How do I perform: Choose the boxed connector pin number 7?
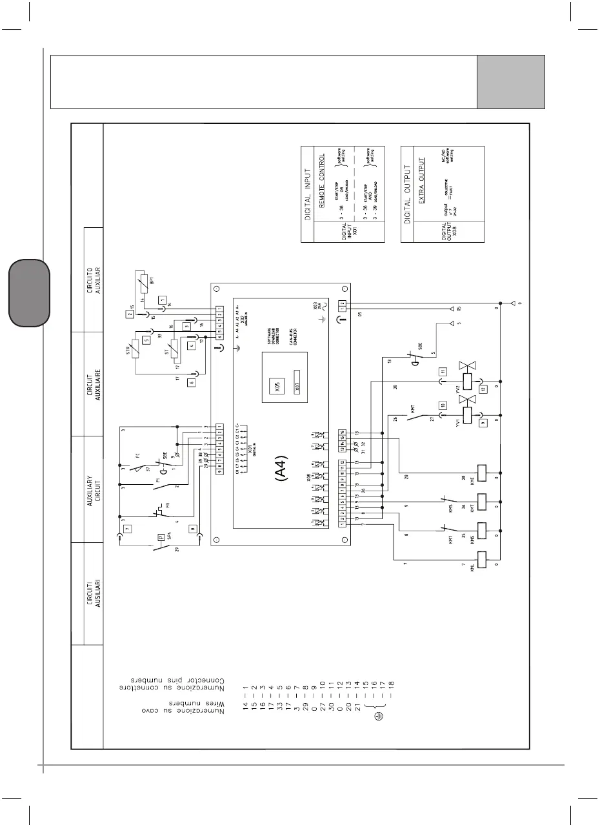pyautogui.click(x=127, y=529)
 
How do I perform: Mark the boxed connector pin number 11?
pyautogui.click(x=442, y=372)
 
